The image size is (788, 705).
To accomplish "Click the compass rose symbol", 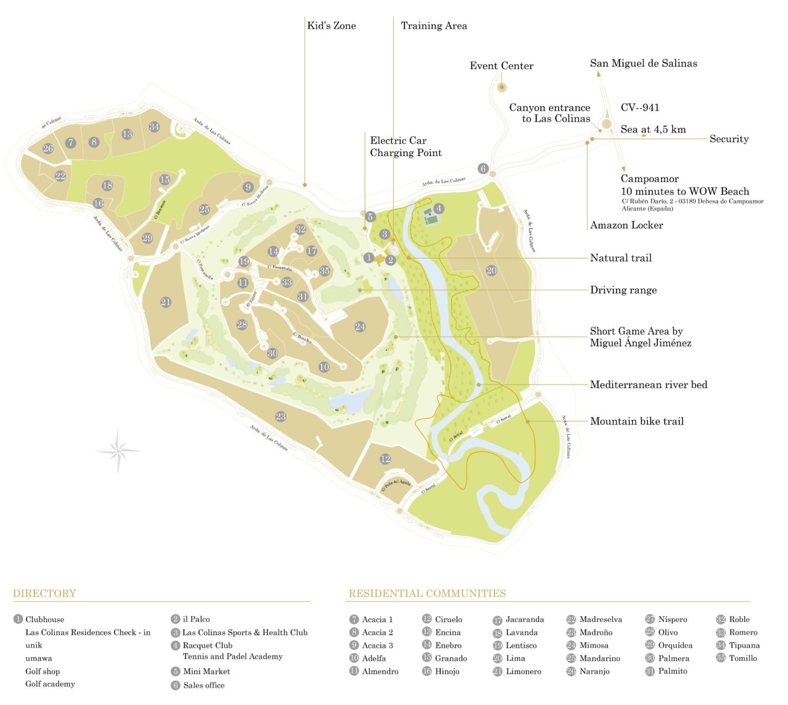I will click(x=118, y=451).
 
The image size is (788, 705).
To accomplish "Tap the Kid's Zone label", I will click(x=331, y=26).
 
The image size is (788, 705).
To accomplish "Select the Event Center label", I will click(x=501, y=66).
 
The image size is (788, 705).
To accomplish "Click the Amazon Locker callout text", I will click(x=626, y=225).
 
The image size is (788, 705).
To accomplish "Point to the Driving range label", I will click(x=623, y=290).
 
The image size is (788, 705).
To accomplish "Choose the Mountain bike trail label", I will click(x=637, y=421).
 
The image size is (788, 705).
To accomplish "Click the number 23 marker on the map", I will click(x=281, y=417).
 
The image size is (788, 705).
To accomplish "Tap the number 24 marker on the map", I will click(x=360, y=326).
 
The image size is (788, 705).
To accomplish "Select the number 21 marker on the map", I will click(x=165, y=302).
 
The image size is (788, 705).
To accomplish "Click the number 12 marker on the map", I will click(x=385, y=459).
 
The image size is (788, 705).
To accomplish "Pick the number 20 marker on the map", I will click(x=491, y=270).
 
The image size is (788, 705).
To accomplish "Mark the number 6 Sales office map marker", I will click(x=483, y=168).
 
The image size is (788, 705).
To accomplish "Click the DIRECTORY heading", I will click(x=45, y=594).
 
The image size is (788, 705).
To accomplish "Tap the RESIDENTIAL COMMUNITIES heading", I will click(x=427, y=594).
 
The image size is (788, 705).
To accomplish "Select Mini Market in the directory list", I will click(x=206, y=671).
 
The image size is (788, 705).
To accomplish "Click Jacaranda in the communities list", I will click(x=524, y=619).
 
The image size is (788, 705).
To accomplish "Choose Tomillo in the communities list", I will click(x=743, y=658).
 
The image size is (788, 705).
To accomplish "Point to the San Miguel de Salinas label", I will click(x=643, y=64).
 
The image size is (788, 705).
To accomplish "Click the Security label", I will click(x=728, y=139).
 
